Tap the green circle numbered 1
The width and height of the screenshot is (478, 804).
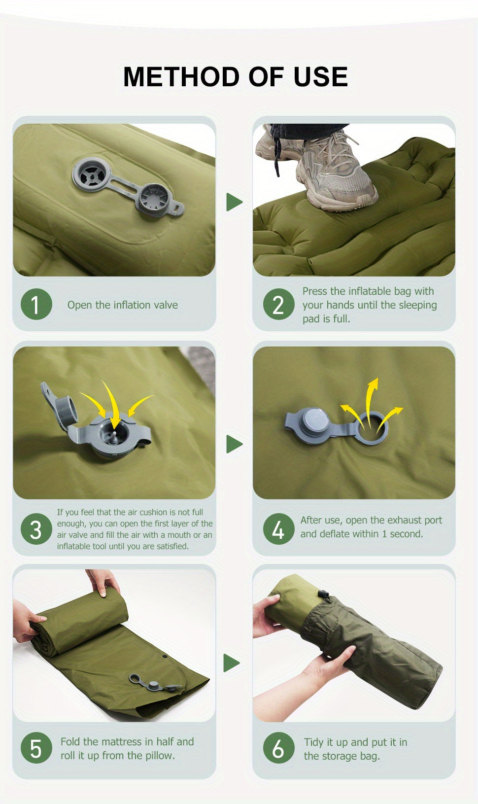point(36,304)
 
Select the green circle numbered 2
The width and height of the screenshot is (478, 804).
point(279,304)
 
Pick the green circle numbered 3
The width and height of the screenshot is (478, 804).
point(36,529)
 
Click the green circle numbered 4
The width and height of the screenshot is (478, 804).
point(279,529)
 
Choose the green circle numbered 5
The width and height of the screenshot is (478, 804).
point(36,748)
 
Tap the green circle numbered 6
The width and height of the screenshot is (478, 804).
point(279,748)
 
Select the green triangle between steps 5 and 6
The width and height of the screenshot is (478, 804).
point(232,663)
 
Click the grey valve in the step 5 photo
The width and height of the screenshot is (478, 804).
point(155,684)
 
